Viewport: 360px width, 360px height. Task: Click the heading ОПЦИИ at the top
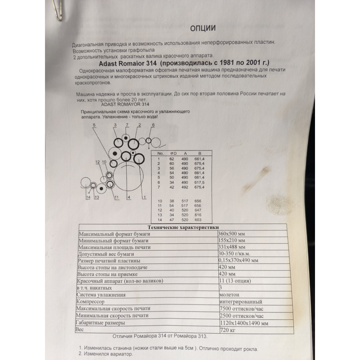point(203,28)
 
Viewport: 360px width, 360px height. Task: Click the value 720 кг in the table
point(227,330)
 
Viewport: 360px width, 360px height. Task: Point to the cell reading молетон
point(229,294)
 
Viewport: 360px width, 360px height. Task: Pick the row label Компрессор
point(90,301)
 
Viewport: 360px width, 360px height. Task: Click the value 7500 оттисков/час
point(241,309)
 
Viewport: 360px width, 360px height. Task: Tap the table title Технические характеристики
point(183,227)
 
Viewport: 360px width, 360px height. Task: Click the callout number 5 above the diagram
point(94,125)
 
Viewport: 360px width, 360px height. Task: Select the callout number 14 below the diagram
point(88,197)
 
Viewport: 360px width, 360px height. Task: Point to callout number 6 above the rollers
point(153,125)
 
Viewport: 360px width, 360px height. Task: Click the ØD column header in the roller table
point(174,153)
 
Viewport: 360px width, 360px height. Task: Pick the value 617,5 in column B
point(199,183)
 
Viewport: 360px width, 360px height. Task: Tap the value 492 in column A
point(185,187)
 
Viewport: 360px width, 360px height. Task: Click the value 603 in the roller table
point(198,220)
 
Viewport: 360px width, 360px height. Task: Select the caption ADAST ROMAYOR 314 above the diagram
point(125,104)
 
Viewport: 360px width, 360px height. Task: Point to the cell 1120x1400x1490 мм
point(244,323)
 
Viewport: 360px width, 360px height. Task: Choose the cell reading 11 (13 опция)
point(235,280)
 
